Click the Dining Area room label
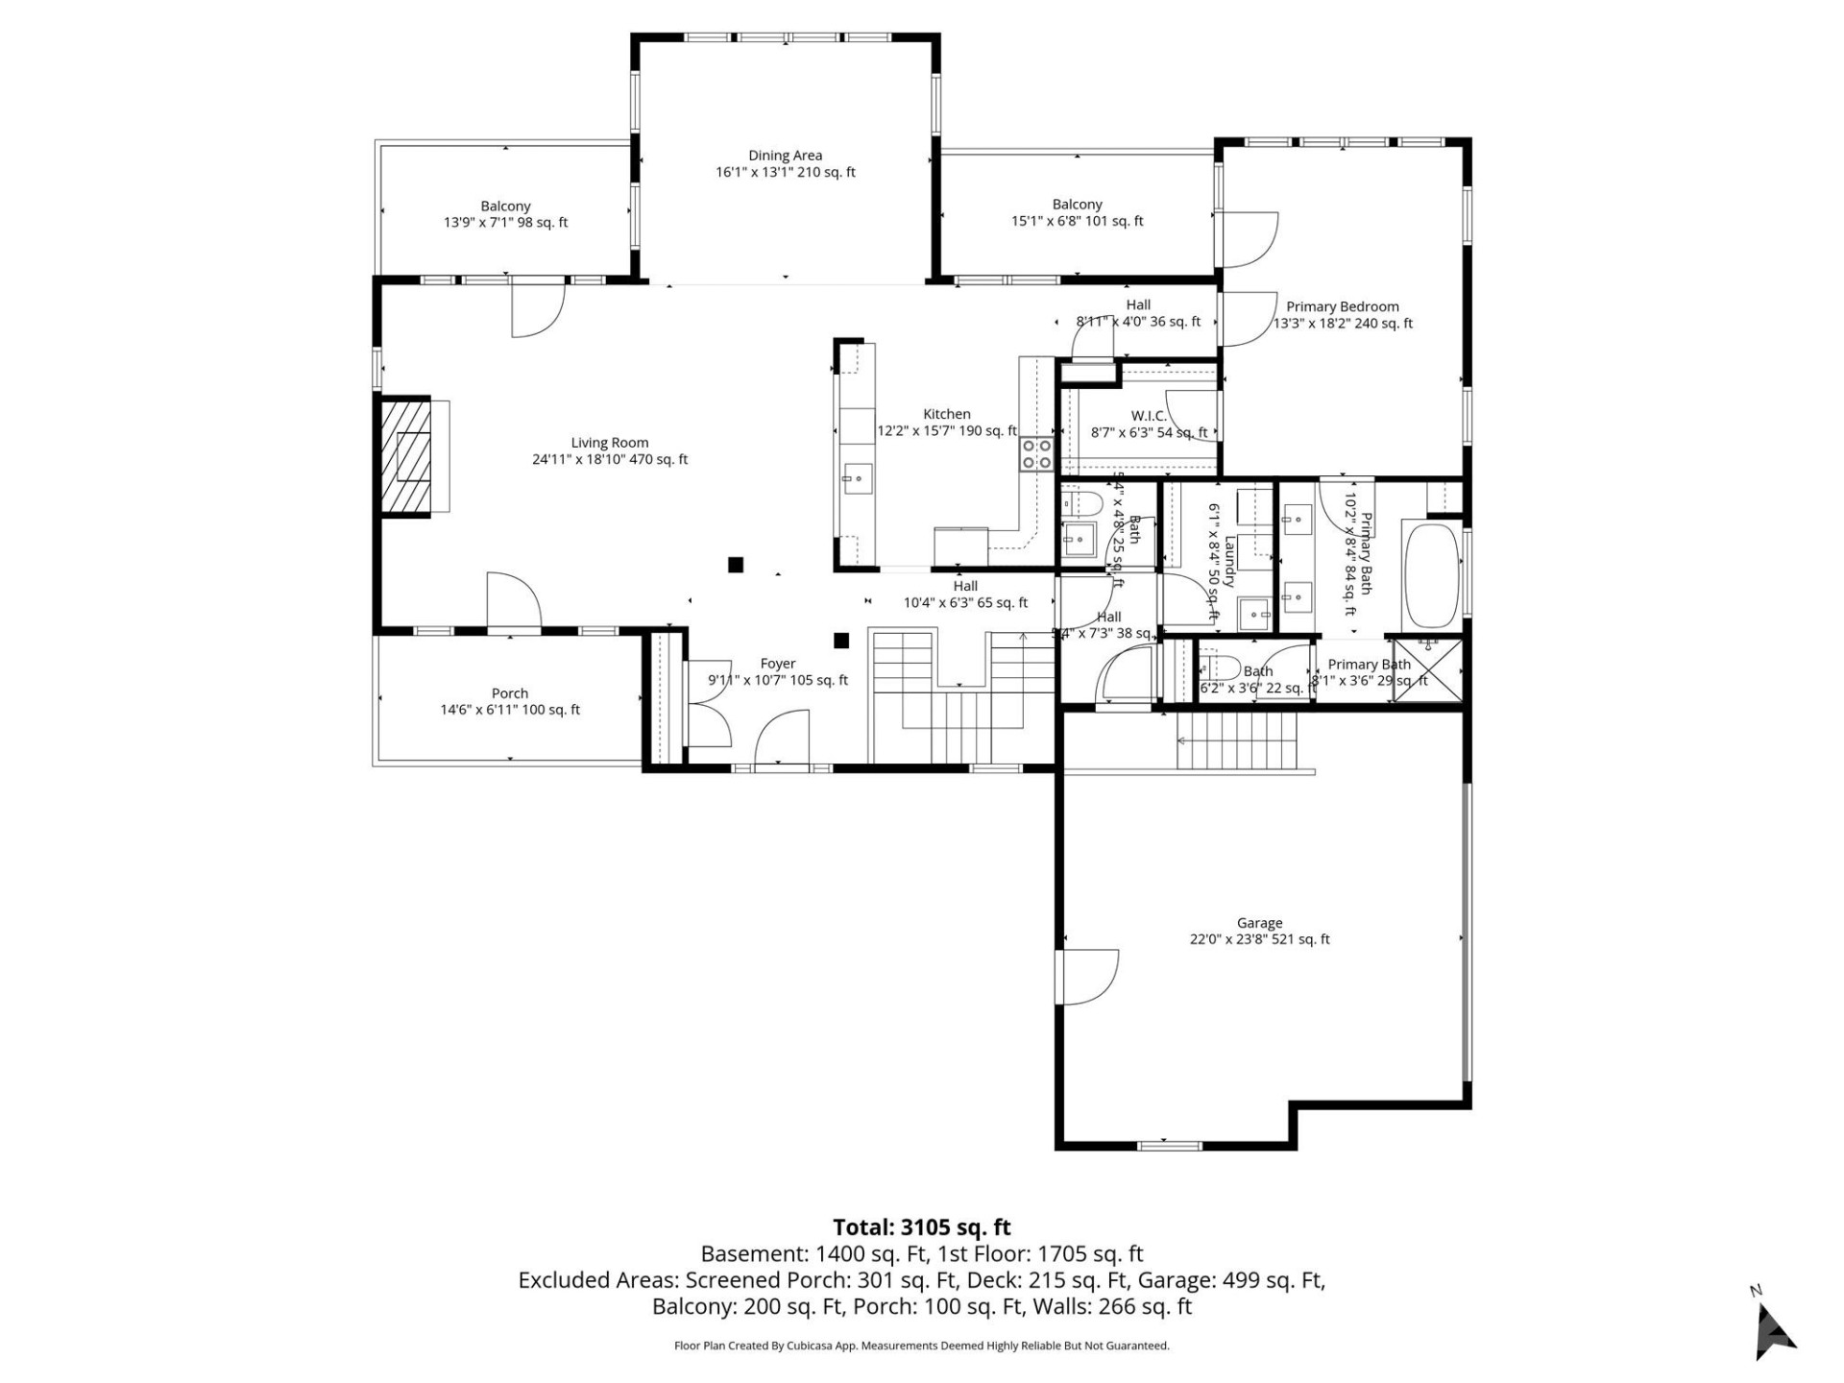[785, 156]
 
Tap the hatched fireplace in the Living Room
[405, 459]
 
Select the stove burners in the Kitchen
[1036, 453]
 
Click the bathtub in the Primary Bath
[1431, 575]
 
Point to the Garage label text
[1259, 923]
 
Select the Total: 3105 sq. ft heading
[921, 1226]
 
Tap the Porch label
[510, 693]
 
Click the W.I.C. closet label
[1149, 416]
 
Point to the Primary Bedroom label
[1342, 307]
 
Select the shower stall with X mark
[1428, 669]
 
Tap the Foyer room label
[777, 664]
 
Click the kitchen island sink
[858, 477]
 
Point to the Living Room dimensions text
[610, 459]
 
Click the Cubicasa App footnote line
[921, 1346]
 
